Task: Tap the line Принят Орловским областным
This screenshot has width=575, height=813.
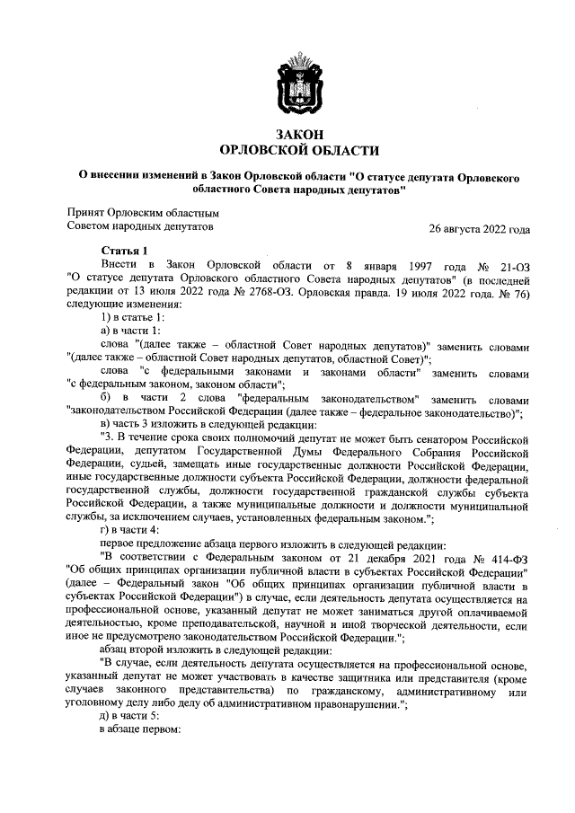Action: tap(143, 213)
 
